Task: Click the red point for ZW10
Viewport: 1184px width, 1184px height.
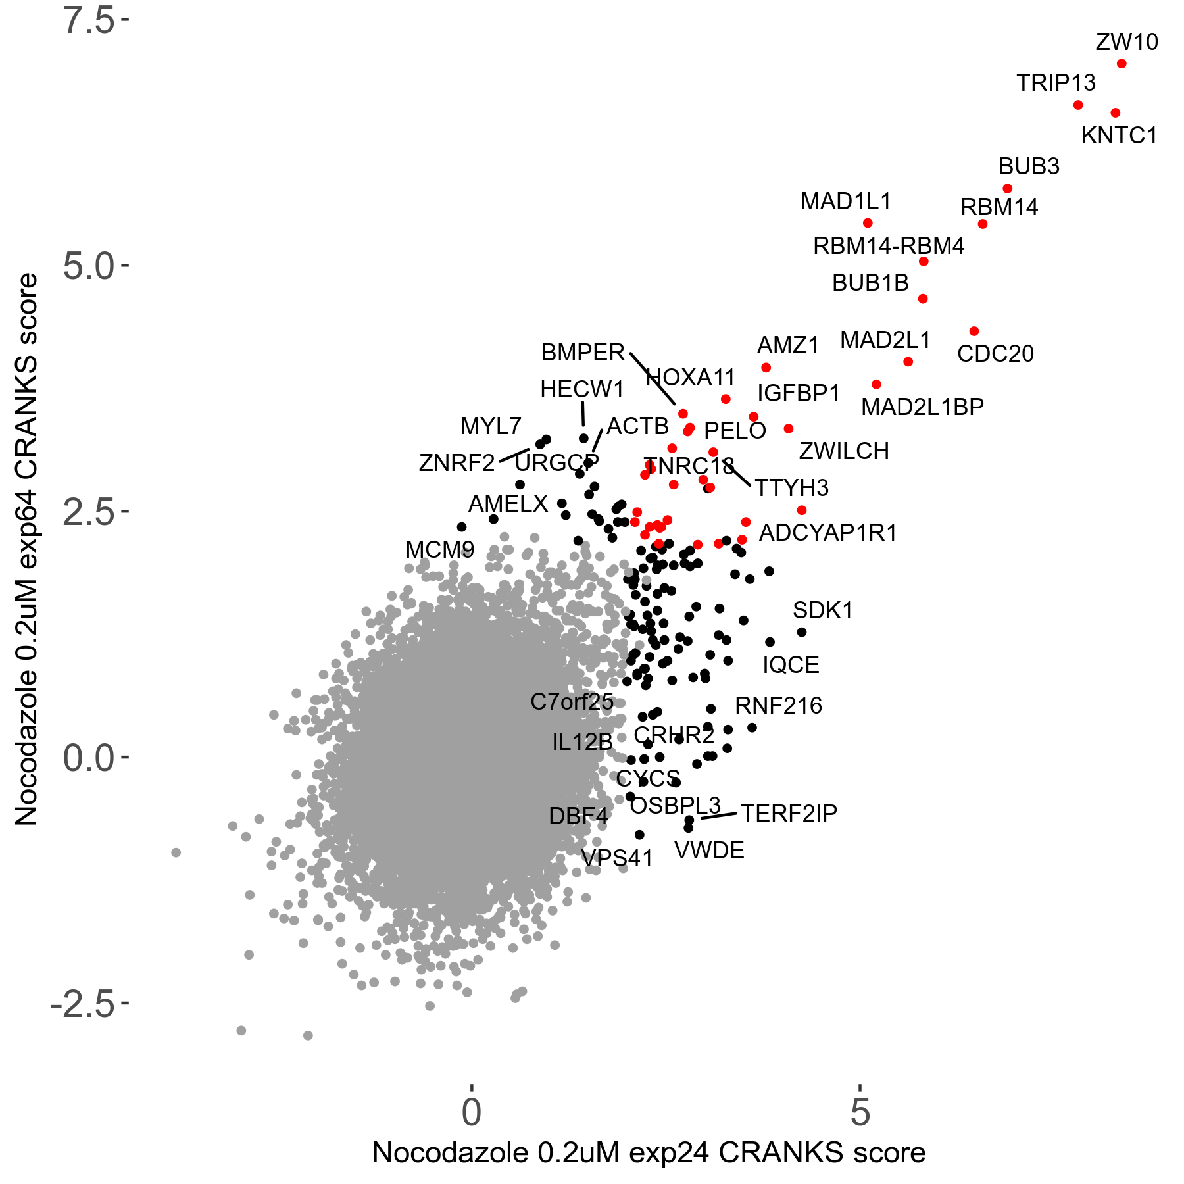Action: pos(1122,64)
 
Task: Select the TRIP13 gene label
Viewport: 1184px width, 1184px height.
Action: pos(1056,83)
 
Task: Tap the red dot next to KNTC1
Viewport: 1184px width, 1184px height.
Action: pos(1115,113)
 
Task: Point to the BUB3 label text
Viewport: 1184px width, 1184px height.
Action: pos(1029,166)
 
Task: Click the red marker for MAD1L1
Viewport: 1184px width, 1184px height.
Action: pos(868,223)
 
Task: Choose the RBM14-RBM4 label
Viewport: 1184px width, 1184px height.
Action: pos(888,246)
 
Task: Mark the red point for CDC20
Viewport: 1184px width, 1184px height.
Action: pos(974,332)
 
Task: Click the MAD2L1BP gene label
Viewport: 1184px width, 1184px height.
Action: pos(922,407)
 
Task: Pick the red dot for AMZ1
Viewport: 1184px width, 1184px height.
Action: pos(766,368)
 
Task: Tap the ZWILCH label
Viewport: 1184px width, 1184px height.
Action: pos(844,451)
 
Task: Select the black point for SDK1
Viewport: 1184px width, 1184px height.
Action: pos(802,632)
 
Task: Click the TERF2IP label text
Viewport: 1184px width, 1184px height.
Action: pos(789,814)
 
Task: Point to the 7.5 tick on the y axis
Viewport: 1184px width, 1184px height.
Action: pos(89,20)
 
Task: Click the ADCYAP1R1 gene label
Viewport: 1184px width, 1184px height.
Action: pos(828,533)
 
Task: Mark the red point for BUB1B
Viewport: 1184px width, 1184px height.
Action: pos(923,299)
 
